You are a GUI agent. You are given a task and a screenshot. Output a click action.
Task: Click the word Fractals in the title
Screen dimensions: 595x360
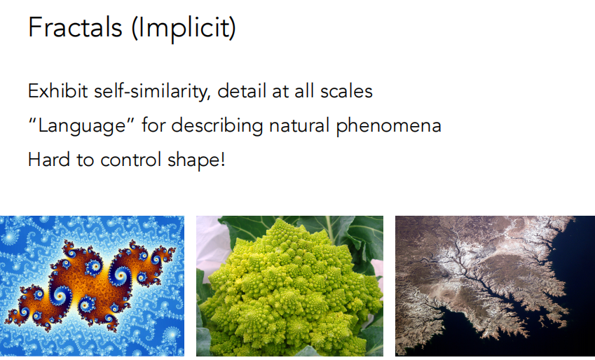point(75,27)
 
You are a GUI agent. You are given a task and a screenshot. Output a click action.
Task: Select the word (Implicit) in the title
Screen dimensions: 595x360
point(184,29)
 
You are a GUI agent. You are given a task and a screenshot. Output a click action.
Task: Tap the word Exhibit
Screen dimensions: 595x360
point(58,91)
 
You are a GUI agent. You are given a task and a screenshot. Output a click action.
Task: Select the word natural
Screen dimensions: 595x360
point(300,125)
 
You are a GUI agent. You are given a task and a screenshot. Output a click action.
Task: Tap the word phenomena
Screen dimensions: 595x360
point(388,126)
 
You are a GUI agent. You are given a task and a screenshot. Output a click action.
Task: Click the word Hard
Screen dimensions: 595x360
point(49,160)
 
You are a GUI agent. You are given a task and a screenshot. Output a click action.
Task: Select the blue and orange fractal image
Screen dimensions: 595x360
point(92,286)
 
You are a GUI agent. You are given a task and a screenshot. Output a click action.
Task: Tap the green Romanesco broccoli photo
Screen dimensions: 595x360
point(289,286)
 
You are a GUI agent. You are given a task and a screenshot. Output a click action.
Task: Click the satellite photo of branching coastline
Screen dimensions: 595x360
point(495,286)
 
